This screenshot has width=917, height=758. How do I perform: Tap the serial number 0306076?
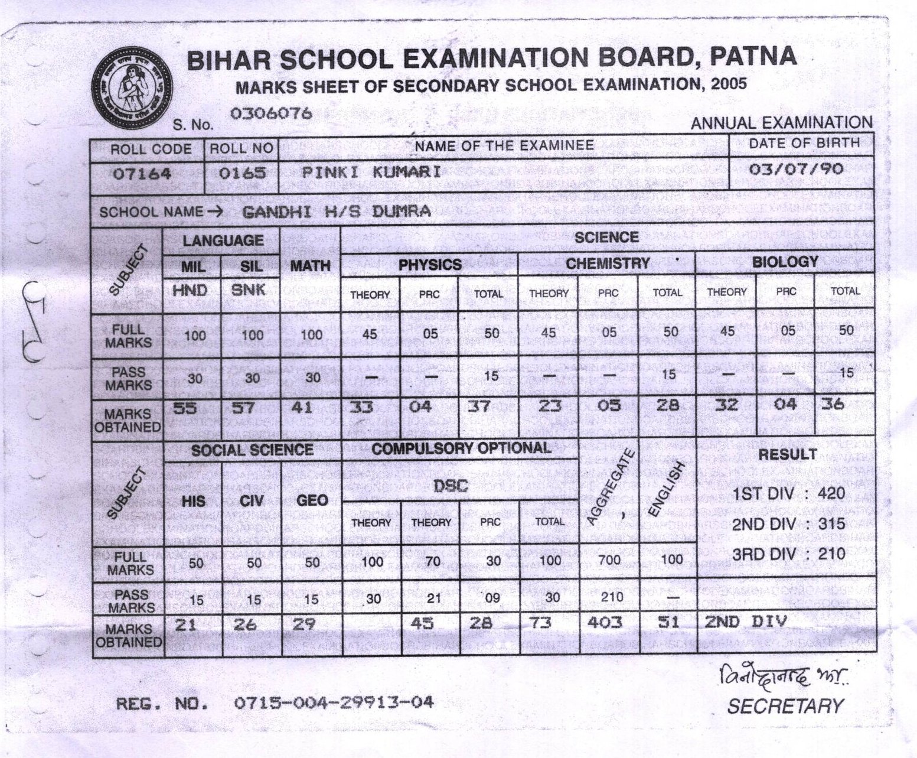coord(271,113)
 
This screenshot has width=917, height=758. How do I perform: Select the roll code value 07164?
coord(142,174)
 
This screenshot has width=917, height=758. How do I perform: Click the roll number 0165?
coord(242,174)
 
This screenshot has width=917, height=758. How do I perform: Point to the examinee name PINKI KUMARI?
coord(371,173)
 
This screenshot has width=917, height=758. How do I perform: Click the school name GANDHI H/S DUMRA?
coord(337,212)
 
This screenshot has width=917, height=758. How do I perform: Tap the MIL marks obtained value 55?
coord(185,408)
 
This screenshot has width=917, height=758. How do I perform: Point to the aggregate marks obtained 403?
coord(606,622)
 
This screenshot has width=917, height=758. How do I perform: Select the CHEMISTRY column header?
coord(608,263)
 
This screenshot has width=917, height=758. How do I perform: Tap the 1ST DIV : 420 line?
coord(789,493)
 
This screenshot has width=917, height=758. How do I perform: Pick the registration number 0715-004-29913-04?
coord(334,702)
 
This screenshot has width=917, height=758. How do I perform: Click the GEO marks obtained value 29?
coord(305,624)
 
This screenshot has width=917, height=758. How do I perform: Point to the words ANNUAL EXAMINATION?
coord(781,123)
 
